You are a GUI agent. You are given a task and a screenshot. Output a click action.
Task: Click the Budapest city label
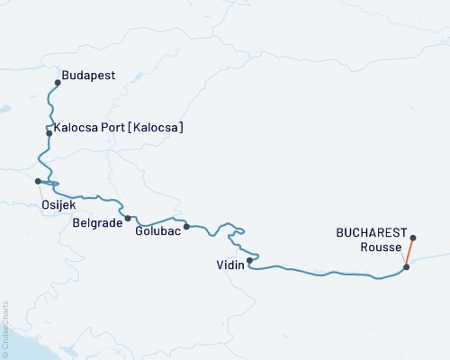[88, 76]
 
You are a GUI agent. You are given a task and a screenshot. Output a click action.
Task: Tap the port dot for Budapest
[58, 83]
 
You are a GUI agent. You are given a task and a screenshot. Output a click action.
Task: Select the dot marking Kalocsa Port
[49, 133]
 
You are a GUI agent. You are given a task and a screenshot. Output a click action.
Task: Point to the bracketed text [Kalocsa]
[157, 129]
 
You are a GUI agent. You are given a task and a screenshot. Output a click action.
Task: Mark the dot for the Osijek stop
[38, 181]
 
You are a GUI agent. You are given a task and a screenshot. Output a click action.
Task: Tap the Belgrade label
[96, 221]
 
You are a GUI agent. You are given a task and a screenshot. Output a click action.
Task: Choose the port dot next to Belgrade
[128, 218]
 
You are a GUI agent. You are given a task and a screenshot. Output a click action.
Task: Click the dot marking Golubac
[186, 227]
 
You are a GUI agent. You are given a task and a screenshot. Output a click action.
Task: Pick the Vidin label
[229, 265]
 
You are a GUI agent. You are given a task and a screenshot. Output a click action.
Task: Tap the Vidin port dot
[249, 261]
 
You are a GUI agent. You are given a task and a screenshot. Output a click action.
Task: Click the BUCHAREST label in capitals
[372, 232]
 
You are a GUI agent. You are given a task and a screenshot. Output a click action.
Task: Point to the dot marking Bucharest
[413, 238]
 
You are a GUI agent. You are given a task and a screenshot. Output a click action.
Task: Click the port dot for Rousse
[407, 266]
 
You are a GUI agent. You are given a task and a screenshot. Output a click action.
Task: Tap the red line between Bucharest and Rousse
[410, 253]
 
